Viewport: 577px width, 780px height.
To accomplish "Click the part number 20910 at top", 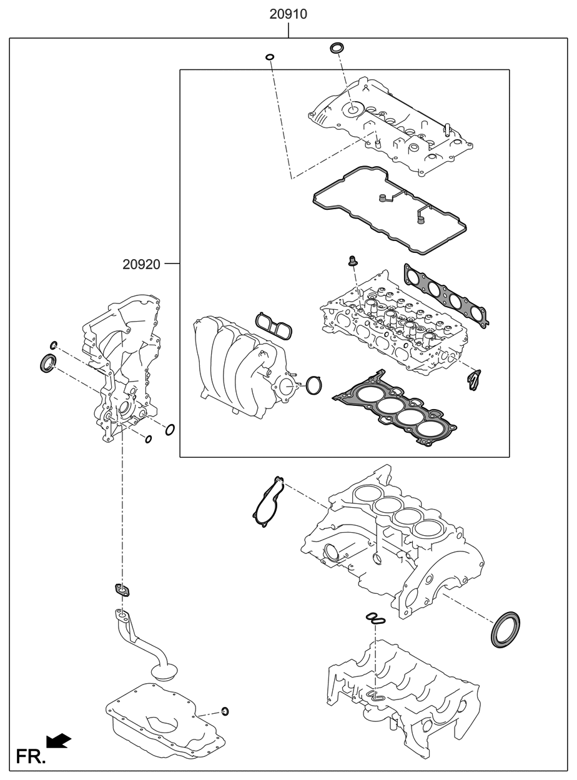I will point(288,14).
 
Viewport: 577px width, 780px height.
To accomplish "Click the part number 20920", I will point(141,264).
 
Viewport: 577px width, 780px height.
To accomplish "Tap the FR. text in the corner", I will point(31,756).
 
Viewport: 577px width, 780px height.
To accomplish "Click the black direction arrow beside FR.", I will point(60,741).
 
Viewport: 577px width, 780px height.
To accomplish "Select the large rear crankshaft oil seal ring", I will point(505,629).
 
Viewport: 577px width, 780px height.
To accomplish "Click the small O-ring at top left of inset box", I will point(270,58).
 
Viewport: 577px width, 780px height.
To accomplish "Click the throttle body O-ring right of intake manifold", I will point(314,385).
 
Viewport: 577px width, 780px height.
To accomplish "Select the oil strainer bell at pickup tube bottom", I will point(165,673).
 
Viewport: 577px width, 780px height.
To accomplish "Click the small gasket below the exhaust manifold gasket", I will point(475,379).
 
